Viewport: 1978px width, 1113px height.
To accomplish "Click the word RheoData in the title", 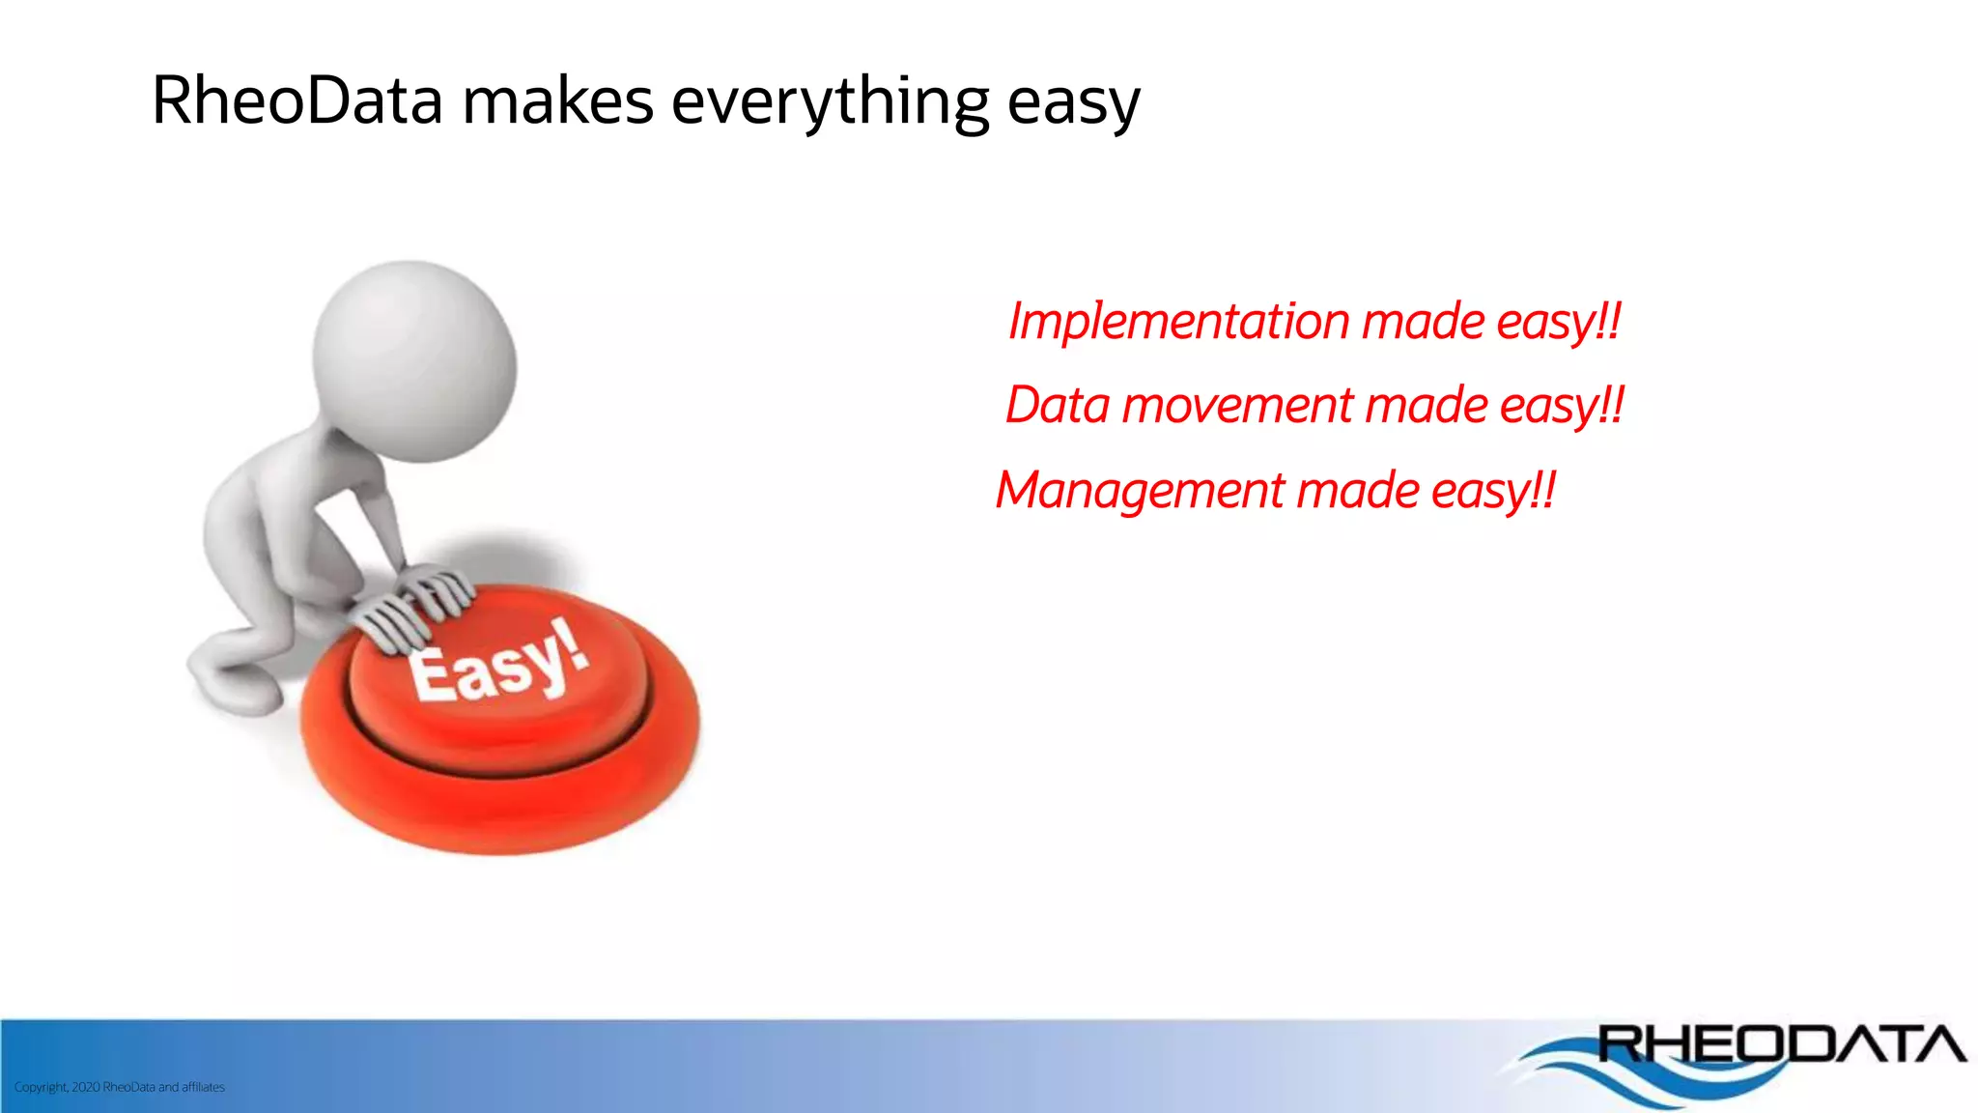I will (297, 100).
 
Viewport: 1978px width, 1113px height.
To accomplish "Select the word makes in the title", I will (557, 100).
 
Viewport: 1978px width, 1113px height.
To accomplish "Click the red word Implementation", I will (1178, 322).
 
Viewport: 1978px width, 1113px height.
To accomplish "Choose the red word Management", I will (1140, 491).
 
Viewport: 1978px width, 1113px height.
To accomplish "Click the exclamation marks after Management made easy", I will (1543, 491).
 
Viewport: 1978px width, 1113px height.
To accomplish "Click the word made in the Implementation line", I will (1423, 322).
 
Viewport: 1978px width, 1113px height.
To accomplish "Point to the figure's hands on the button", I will (415, 605).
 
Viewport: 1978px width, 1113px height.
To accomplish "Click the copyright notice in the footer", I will (119, 1087).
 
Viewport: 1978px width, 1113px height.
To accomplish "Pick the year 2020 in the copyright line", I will (85, 1087).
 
